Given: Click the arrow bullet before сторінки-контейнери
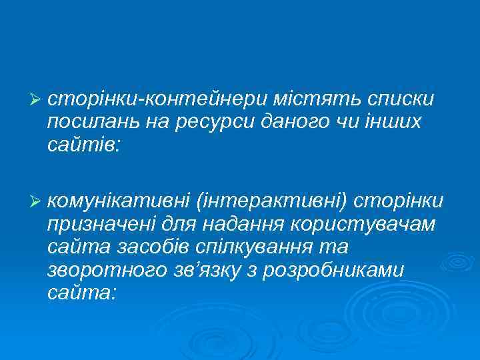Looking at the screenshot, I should click(36, 99).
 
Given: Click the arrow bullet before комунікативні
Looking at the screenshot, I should click(36, 201).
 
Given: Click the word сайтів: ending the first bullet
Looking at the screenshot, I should click(83, 145).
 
